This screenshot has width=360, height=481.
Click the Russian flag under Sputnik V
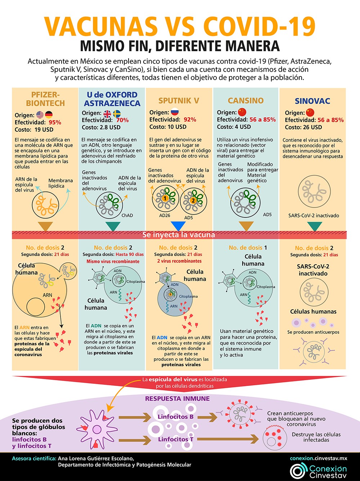175,112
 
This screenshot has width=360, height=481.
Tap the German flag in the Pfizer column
49,115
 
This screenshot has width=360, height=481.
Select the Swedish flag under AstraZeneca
117,114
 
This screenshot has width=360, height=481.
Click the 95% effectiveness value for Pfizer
55,122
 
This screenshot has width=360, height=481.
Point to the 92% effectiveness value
190,120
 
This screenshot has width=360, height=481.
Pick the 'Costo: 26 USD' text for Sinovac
303,127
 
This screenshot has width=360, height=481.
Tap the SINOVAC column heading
312,101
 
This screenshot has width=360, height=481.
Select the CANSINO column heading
246,101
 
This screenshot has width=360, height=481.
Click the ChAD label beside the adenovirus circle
127,215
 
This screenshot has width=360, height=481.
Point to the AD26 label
165,215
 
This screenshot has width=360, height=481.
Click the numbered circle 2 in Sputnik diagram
193,201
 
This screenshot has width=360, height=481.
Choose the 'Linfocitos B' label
176,417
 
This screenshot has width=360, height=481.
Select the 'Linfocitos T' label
176,439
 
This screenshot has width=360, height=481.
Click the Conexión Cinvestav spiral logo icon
298,471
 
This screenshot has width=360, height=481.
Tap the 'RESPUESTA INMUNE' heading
177,399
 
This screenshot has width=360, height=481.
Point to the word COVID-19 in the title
259,26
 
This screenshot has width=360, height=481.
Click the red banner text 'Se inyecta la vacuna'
179,235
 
